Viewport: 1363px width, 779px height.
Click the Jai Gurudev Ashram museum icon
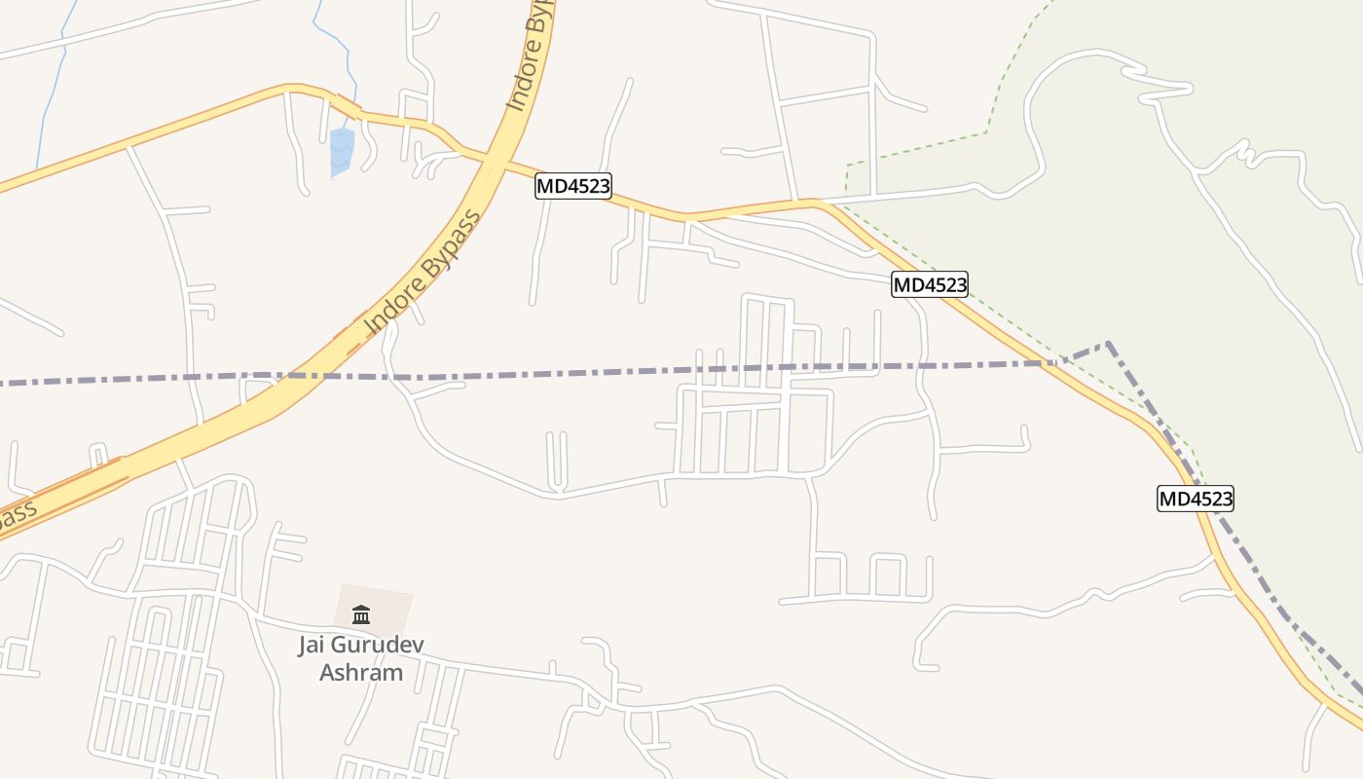pos(361,614)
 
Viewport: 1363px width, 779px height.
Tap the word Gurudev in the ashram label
pos(380,645)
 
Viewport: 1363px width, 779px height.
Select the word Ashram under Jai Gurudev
pos(361,672)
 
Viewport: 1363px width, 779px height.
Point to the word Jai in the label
pos(313,645)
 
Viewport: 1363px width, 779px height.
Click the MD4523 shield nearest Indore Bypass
pos(573,186)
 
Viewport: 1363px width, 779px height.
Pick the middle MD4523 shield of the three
pos(930,284)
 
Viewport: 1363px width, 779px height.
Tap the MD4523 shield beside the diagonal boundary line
pos(1196,500)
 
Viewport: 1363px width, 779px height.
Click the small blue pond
pos(341,151)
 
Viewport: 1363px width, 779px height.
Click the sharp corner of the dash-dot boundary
pos(1108,343)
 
